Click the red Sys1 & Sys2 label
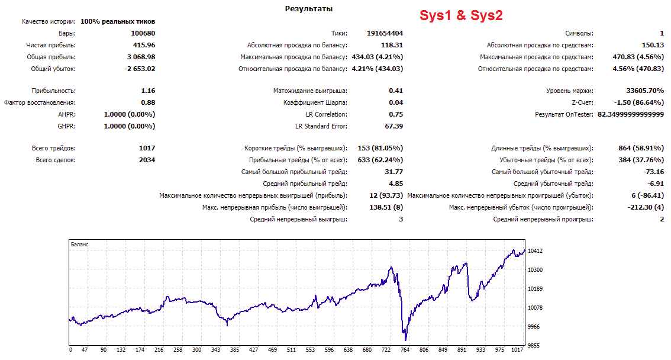pyautogui.click(x=461, y=15)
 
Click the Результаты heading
pyautogui.click(x=308, y=8)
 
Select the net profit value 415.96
pyautogui.click(x=144, y=45)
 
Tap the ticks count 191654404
pyautogui.click(x=385, y=33)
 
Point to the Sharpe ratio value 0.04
pyautogui.click(x=396, y=103)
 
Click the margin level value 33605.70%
pyautogui.click(x=645, y=91)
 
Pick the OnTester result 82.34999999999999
pyautogui.click(x=631, y=114)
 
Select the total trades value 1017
pyautogui.click(x=147, y=148)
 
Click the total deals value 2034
pyautogui.click(x=147, y=160)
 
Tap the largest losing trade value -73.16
pyautogui.click(x=653, y=172)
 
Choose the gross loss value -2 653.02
pyautogui.click(x=140, y=69)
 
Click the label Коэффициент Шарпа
pyautogui.click(x=315, y=103)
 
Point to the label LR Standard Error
pyautogui.click(x=321, y=126)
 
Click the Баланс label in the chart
pyautogui.click(x=80, y=245)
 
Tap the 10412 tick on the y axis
pyautogui.click(x=535, y=251)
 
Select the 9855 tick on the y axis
pyautogui.click(x=534, y=345)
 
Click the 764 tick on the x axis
pyautogui.click(x=405, y=350)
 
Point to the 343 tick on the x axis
pyautogui.click(x=215, y=350)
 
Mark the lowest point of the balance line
pyautogui.click(x=405, y=340)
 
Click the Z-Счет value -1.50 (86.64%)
pyautogui.click(x=639, y=103)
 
